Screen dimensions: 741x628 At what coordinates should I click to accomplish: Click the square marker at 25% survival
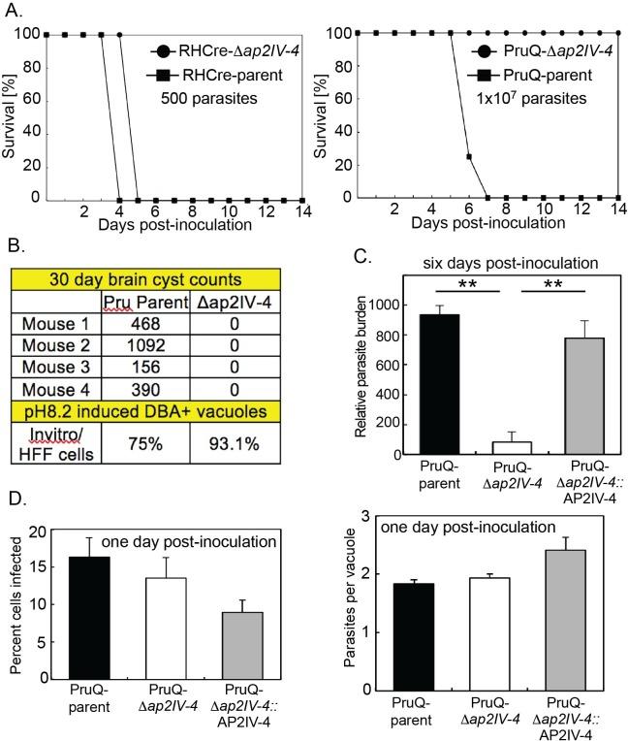[469, 157]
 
